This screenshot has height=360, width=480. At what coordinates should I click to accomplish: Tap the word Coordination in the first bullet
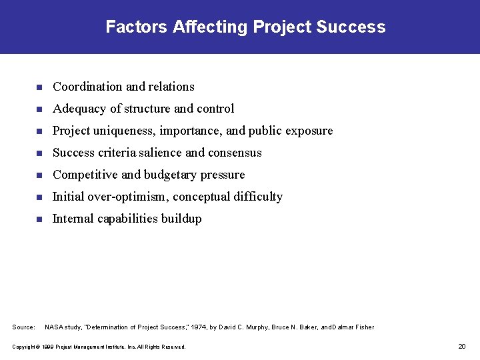87,87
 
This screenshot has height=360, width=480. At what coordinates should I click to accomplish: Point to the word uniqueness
122,131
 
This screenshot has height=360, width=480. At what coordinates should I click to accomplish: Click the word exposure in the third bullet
309,131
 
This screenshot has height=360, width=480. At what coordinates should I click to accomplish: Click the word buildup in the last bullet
181,219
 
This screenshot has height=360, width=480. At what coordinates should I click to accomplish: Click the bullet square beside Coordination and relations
39,87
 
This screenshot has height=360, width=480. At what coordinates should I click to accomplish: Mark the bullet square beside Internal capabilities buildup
39,219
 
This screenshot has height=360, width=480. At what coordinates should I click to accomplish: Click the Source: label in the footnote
24,327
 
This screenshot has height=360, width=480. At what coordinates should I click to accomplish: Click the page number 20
462,346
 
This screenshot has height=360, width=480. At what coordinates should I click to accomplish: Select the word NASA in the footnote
54,327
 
